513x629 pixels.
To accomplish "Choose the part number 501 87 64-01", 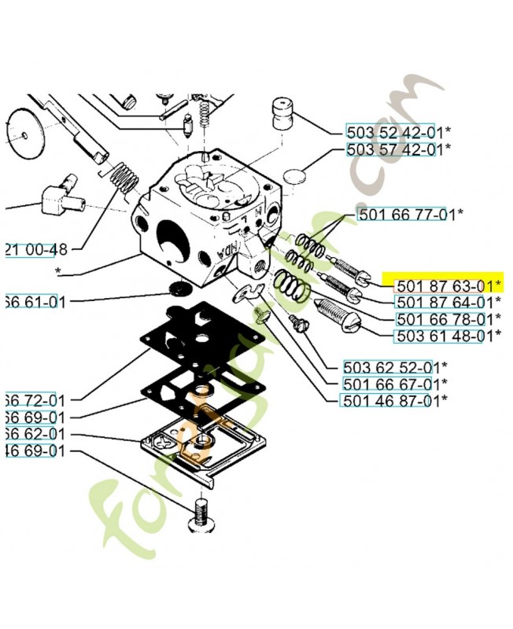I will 443,302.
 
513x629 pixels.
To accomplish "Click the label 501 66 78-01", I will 443,319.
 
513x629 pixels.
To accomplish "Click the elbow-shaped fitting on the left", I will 61,192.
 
